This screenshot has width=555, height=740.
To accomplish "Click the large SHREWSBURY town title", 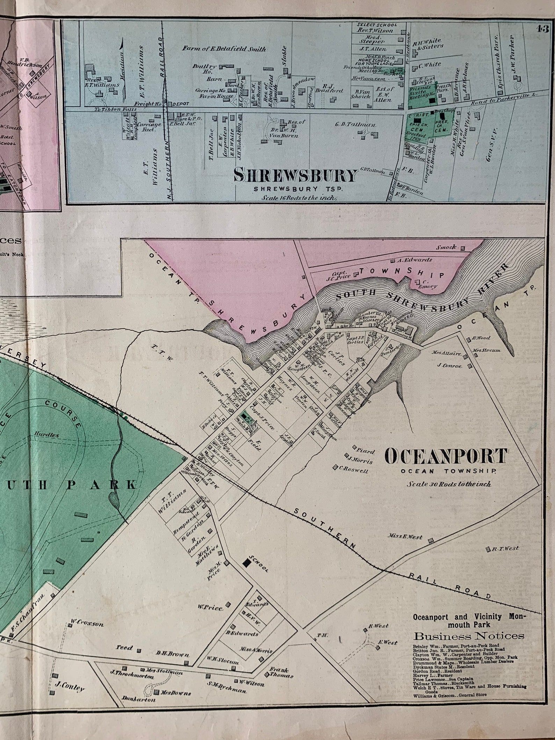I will (x=296, y=175).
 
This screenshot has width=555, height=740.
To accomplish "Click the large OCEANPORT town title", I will (x=446, y=457).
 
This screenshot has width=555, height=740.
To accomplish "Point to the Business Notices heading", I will (x=469, y=636).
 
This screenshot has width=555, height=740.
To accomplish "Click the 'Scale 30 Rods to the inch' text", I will (x=448, y=484).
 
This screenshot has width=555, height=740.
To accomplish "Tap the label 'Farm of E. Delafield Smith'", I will (x=224, y=49).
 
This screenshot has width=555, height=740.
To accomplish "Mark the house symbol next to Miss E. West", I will (x=431, y=540).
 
